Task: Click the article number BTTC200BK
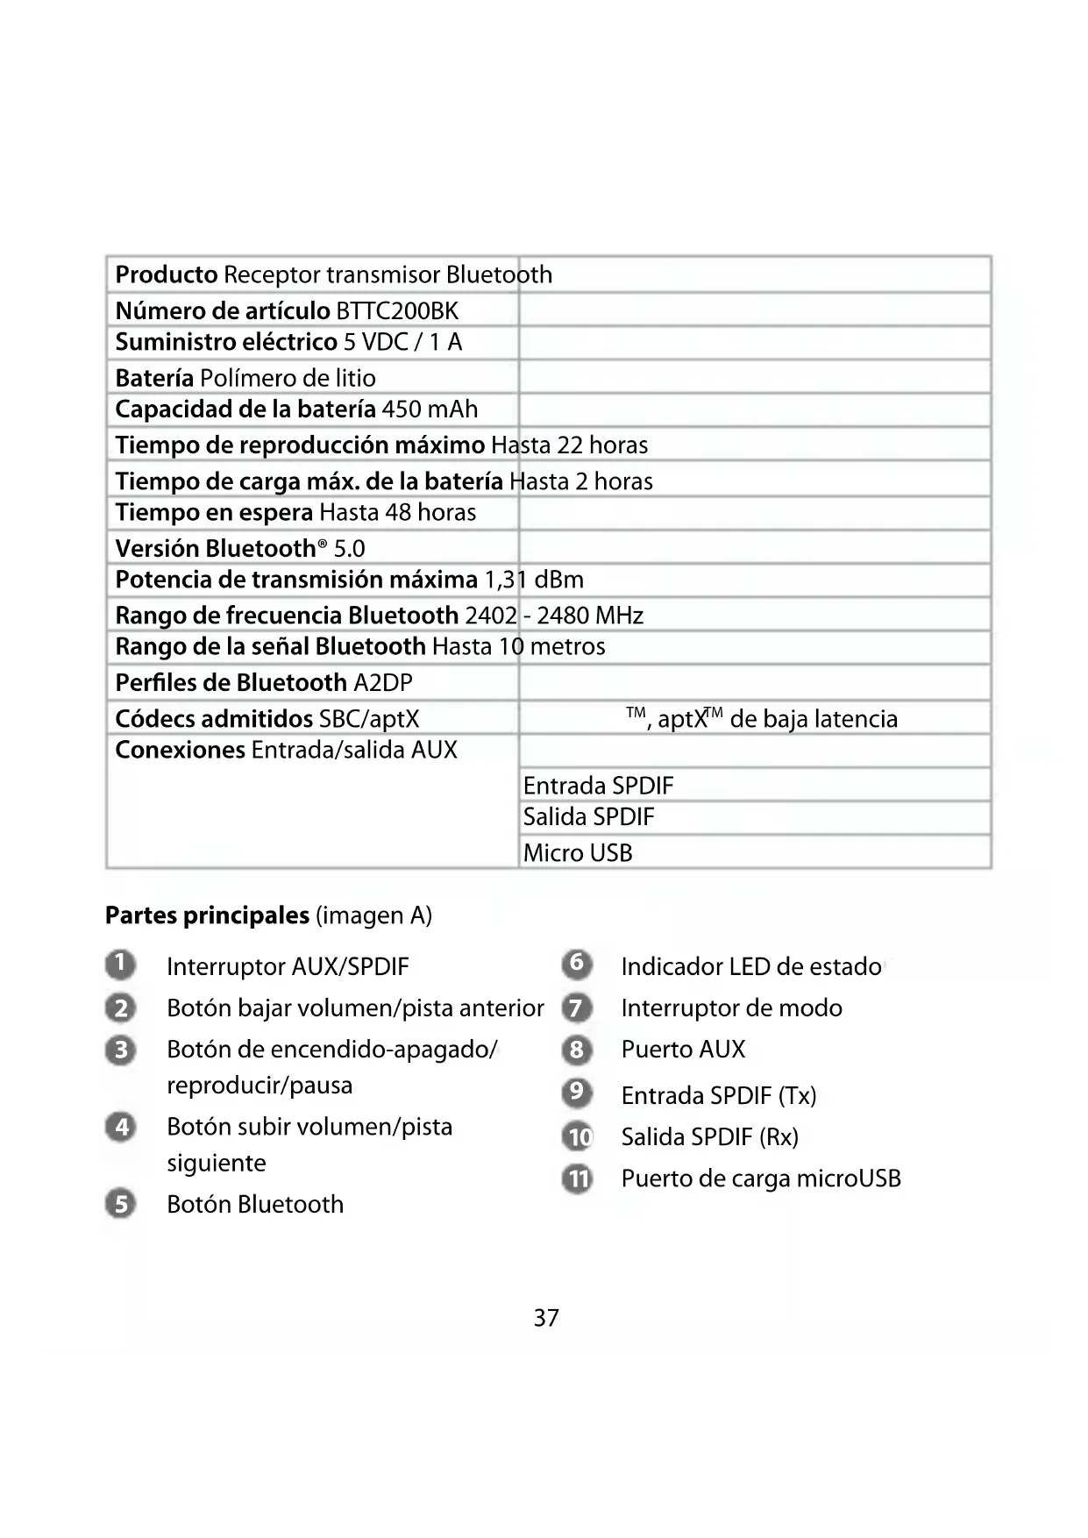coord(397,311)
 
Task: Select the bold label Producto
coord(167,275)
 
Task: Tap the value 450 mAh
coord(430,409)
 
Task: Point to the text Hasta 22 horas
coord(569,445)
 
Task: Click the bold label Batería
coord(154,378)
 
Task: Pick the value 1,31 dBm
coord(533,580)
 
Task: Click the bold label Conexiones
coord(180,751)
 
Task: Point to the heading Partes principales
coord(207,915)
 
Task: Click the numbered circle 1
coord(121,965)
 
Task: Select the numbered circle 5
coord(121,1203)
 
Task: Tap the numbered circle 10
coord(577,1137)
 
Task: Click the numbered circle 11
coord(577,1178)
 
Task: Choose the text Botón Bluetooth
coord(255,1204)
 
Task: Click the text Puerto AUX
coord(683,1050)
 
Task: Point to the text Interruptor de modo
coord(731,1008)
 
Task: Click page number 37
coord(546,1318)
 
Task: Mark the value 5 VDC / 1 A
coord(402,342)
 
